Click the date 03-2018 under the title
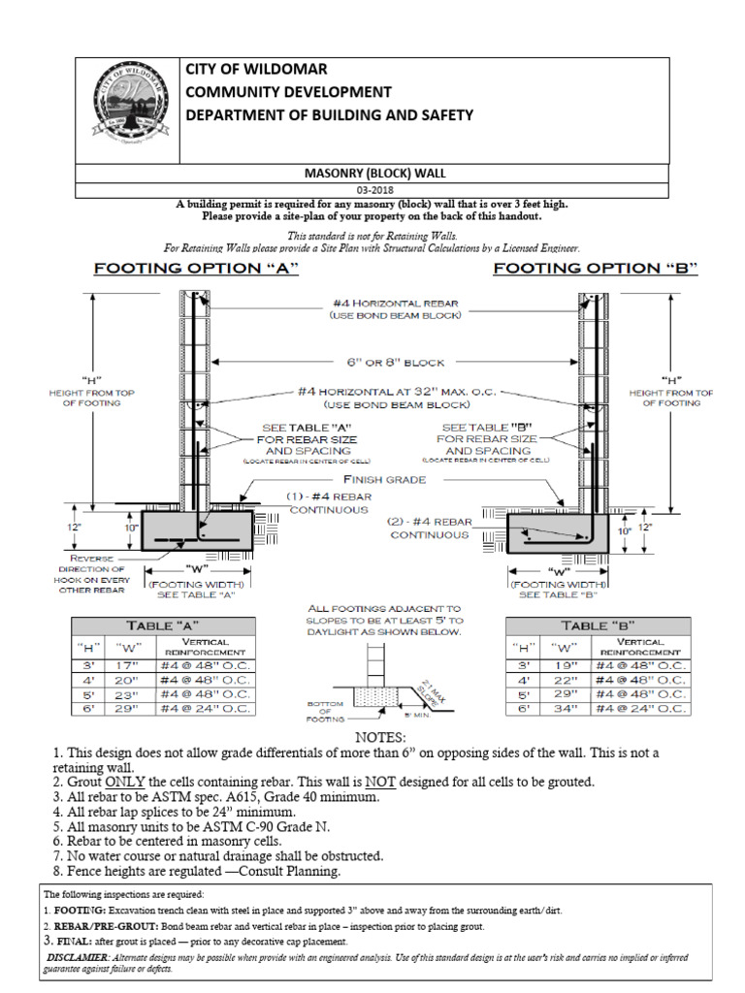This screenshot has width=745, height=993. pos(372,190)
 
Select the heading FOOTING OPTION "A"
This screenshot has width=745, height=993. pos(195,269)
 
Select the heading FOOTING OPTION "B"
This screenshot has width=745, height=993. pos(596,269)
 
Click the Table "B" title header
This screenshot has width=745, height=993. pos(599,625)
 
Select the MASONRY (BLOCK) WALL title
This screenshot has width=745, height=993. pos(372,174)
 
